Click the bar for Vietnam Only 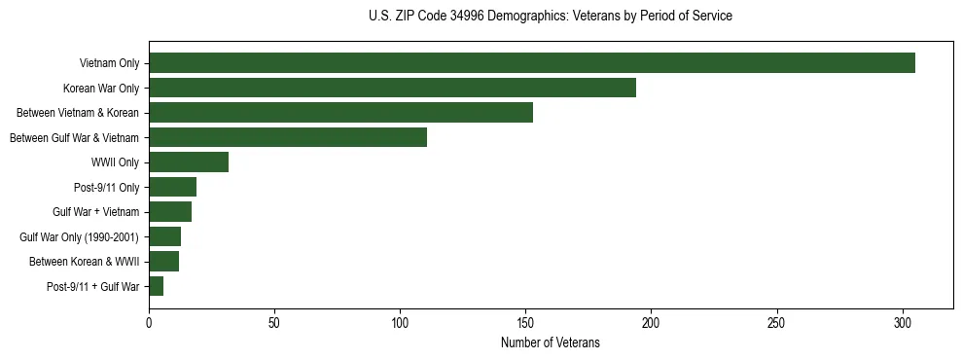coord(532,63)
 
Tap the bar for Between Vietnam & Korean coord(340,113)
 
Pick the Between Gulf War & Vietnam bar coord(288,137)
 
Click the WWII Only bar coord(189,162)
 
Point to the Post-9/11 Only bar coord(172,187)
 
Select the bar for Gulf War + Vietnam coord(170,212)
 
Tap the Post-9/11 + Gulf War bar coord(156,286)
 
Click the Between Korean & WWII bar coord(163,262)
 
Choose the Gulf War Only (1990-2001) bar coord(164,236)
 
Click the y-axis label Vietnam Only coord(109,64)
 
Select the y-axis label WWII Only coord(115,162)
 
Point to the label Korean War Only coord(102,89)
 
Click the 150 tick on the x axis coord(525,320)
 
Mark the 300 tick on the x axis coord(903,320)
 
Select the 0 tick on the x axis coord(149,320)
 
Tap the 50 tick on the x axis coord(274,320)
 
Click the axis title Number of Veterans coord(550,342)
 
